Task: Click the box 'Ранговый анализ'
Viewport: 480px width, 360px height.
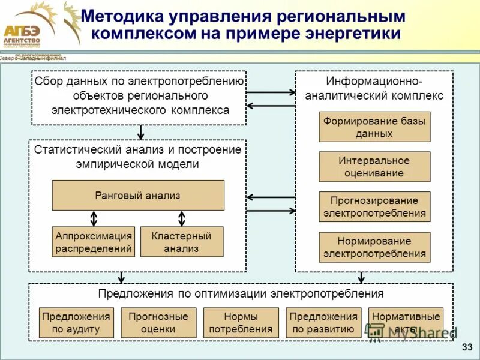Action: click(x=138, y=196)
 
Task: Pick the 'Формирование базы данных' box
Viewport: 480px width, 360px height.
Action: click(x=374, y=127)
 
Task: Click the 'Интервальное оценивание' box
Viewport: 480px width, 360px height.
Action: click(x=374, y=167)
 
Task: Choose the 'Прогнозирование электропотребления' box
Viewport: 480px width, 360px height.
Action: click(x=374, y=207)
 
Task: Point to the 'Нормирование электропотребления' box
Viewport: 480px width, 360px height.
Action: click(x=374, y=247)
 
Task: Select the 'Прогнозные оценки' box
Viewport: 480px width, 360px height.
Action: click(x=158, y=323)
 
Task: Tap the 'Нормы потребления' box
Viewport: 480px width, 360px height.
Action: click(x=241, y=323)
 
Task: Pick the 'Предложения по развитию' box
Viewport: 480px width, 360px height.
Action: click(x=324, y=323)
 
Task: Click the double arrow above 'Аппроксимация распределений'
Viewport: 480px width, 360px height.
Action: click(x=94, y=218)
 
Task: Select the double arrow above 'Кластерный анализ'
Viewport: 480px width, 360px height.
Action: click(x=182, y=218)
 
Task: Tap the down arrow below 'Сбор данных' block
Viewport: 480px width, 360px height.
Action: click(x=141, y=132)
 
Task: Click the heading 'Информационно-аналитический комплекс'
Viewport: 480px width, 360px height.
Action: click(x=374, y=88)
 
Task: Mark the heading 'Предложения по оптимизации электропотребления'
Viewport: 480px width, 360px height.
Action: click(x=241, y=294)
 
